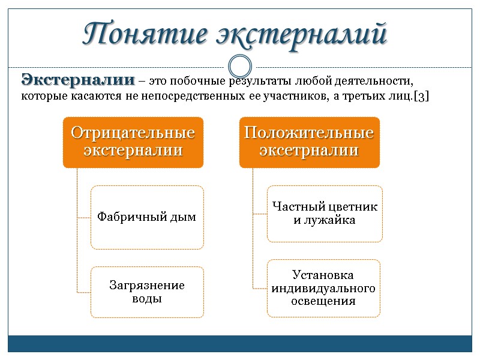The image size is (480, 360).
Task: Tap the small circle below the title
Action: [x=240, y=66]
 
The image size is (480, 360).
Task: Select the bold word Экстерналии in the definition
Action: [x=78, y=80]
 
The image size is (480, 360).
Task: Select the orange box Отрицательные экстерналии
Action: [x=133, y=142]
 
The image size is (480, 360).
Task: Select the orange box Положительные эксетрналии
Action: [x=309, y=142]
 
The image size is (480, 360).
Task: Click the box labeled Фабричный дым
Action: [x=147, y=217]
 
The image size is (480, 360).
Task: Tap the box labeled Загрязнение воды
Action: [x=147, y=292]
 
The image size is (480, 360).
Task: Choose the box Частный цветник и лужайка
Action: [x=325, y=214]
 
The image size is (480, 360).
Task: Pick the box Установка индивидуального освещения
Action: [x=323, y=288]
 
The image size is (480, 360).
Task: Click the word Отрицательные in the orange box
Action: [x=133, y=133]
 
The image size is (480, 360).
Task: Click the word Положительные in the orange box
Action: [x=309, y=133]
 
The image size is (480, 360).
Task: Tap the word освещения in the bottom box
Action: [x=323, y=301]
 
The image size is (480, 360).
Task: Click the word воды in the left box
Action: [x=147, y=298]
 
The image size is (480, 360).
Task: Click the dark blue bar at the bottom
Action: [x=240, y=344]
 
